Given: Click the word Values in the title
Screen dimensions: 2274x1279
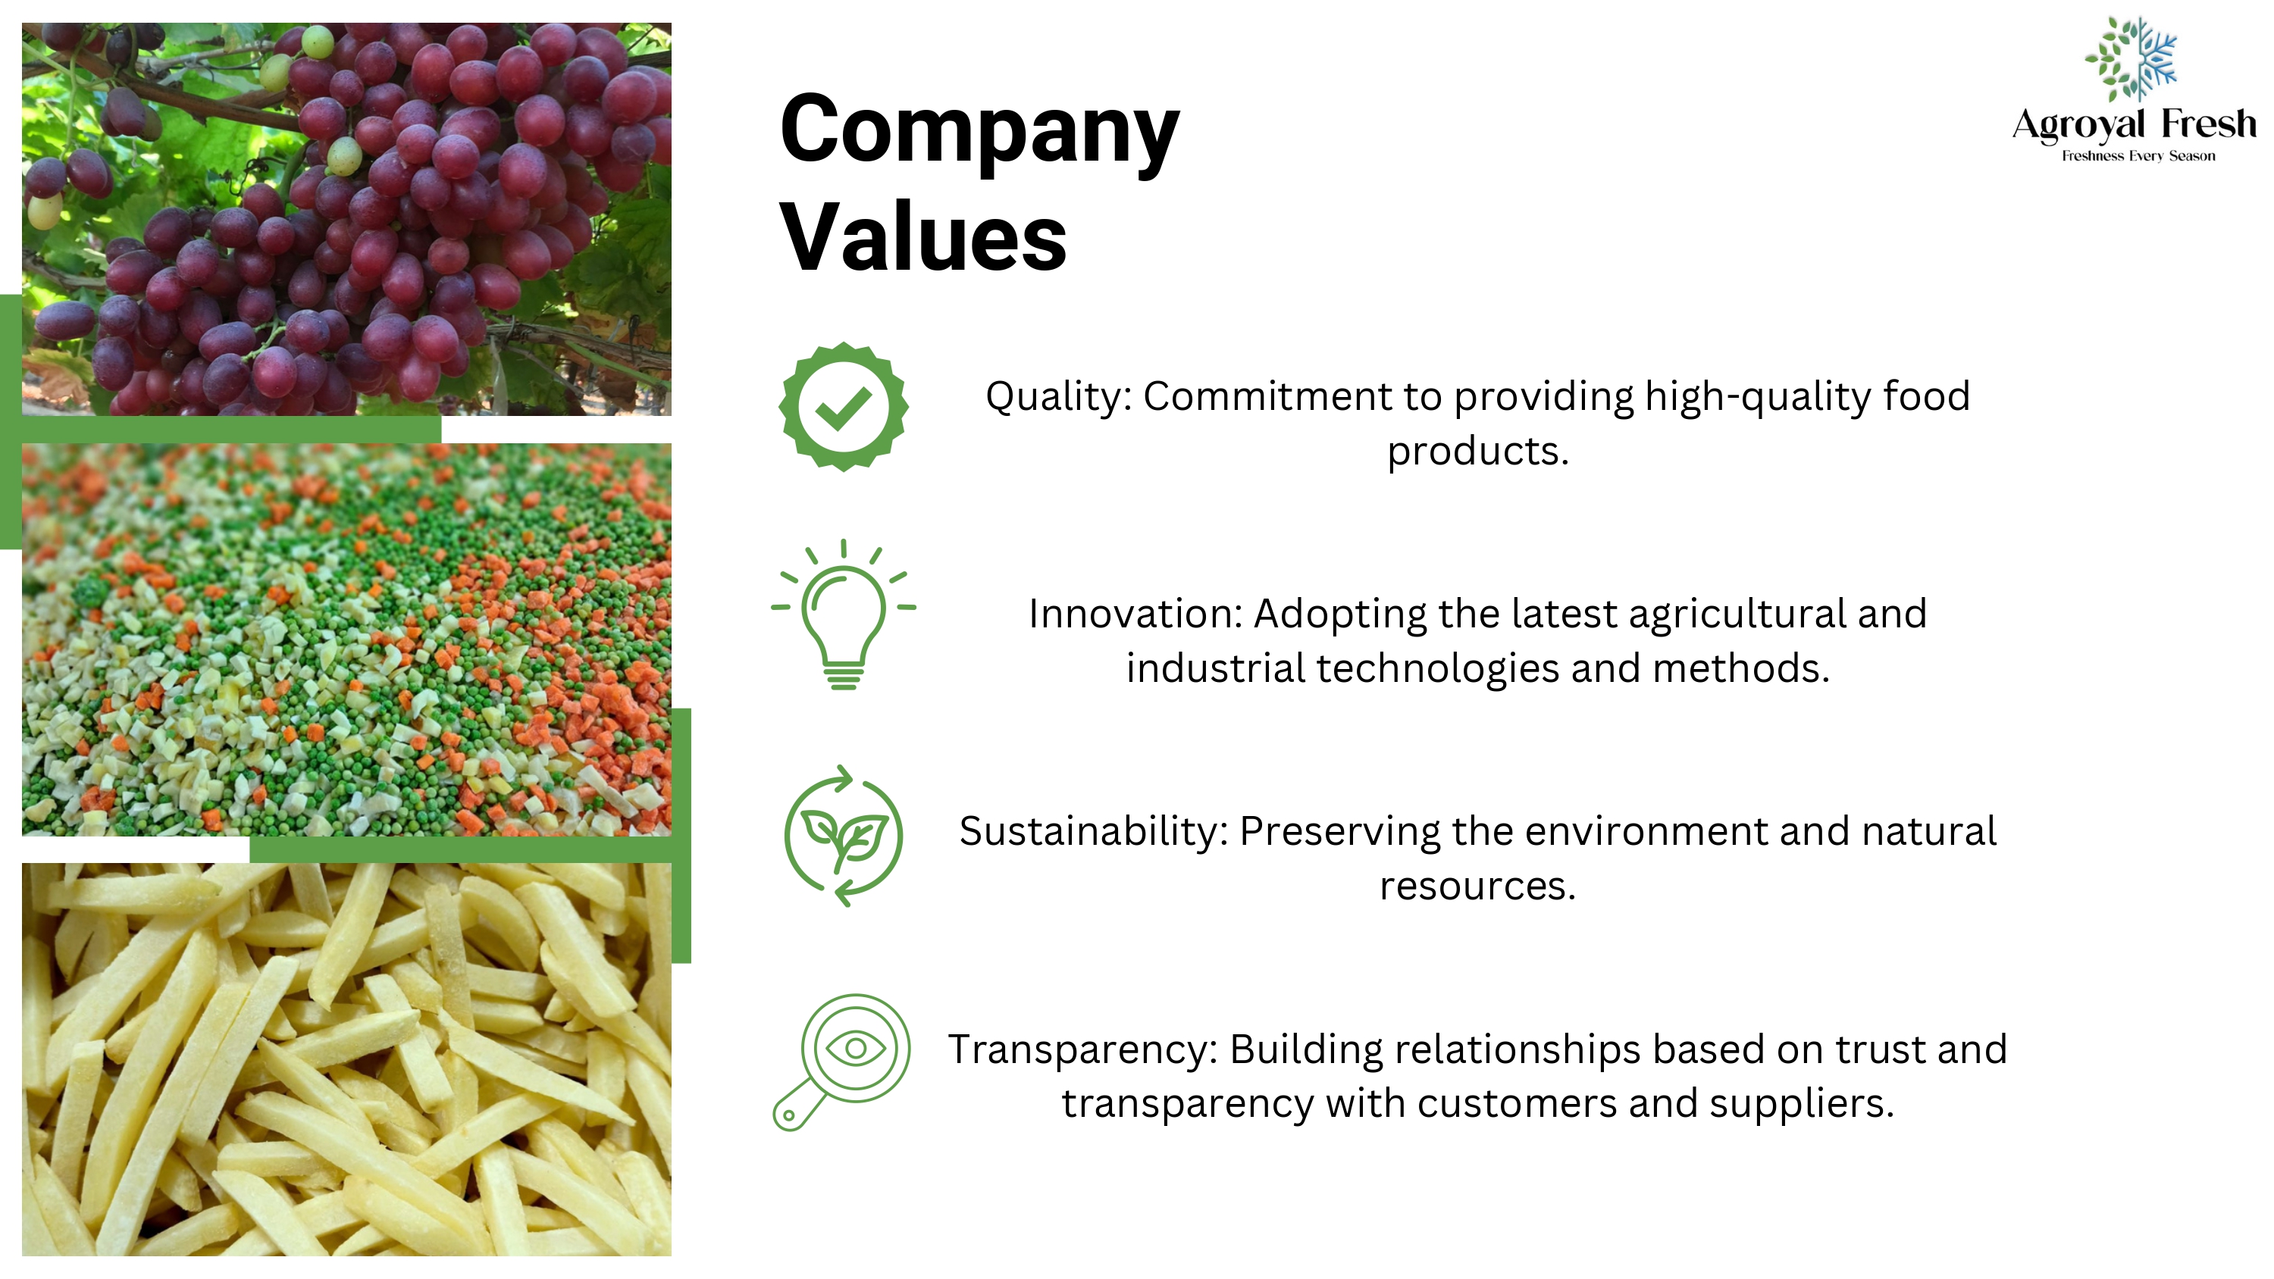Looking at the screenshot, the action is pyautogui.click(x=923, y=236).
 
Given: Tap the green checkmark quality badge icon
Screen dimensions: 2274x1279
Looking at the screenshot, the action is pyautogui.click(x=843, y=407).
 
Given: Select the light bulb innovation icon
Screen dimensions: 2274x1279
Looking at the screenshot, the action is pyautogui.click(x=843, y=614).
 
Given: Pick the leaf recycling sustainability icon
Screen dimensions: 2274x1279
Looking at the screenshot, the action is pyautogui.click(x=843, y=835).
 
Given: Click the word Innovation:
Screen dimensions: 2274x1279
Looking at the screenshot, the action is pyautogui.click(x=1135, y=614).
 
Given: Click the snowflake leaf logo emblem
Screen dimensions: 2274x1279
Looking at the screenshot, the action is pyautogui.click(x=2131, y=58).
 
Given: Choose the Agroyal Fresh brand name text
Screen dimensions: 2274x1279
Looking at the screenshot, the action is pyautogui.click(x=2134, y=124).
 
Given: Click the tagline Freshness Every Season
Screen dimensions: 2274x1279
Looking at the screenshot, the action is pyautogui.click(x=2138, y=156).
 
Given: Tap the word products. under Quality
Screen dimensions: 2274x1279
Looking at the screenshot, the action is pyautogui.click(x=1478, y=452).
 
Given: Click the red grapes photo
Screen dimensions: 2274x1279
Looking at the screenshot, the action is pyautogui.click(x=346, y=219).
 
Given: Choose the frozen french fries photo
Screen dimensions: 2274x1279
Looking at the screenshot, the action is pyautogui.click(x=346, y=1059).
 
